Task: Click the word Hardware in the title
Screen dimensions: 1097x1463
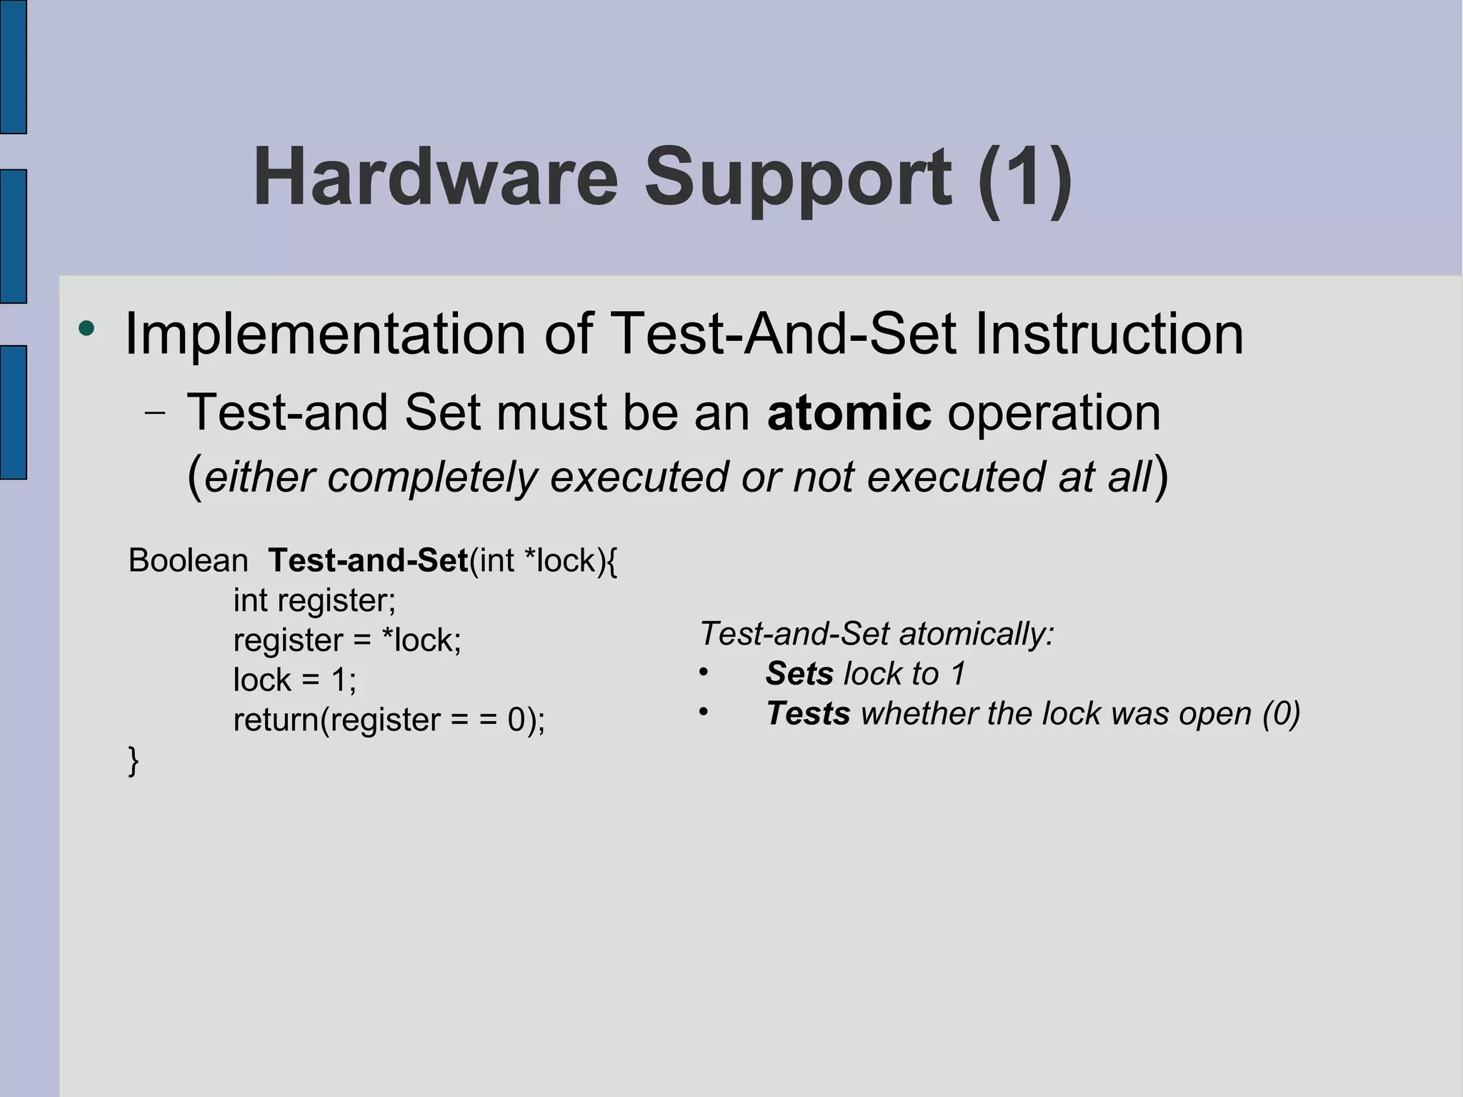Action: point(435,177)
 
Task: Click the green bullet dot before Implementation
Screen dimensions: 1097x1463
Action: point(86,329)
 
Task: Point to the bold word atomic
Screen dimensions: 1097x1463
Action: point(849,412)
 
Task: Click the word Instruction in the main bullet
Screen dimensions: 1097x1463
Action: point(1109,334)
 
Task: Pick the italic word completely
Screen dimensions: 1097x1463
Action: point(432,477)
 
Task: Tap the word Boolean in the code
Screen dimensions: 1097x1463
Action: point(188,560)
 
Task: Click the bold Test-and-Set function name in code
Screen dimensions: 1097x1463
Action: point(368,560)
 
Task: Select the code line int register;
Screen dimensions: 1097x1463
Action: point(314,600)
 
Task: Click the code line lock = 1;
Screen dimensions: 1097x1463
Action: point(294,680)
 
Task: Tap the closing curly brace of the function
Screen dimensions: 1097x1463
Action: point(133,760)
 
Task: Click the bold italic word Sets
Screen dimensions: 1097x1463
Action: point(799,674)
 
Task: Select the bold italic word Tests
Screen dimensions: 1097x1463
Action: point(808,714)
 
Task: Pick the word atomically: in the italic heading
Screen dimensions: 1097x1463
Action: point(977,634)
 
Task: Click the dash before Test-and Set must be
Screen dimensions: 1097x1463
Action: point(154,413)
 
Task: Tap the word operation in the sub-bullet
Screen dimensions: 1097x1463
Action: point(1054,412)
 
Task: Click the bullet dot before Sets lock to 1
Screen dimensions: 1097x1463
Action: point(704,672)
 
